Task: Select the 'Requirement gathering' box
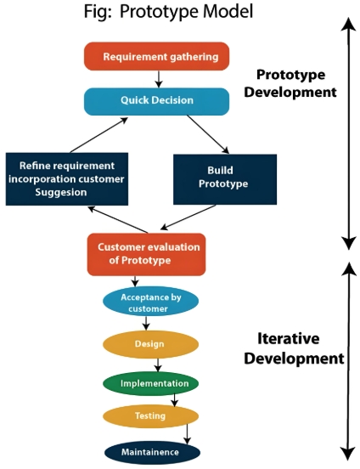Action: pyautogui.click(x=156, y=57)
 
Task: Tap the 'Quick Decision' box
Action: pyautogui.click(x=156, y=101)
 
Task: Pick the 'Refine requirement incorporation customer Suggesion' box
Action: pyautogui.click(x=66, y=178)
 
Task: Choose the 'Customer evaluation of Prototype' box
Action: pyautogui.click(x=146, y=253)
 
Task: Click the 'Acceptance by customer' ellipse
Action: pyautogui.click(x=150, y=302)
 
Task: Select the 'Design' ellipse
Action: pyautogui.click(x=150, y=345)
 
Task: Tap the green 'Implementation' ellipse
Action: pyautogui.click(x=150, y=382)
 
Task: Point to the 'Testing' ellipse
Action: pyautogui.click(x=150, y=416)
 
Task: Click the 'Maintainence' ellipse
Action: pyautogui.click(x=150, y=452)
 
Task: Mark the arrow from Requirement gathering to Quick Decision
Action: pyautogui.click(x=157, y=79)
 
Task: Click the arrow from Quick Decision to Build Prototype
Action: pyautogui.click(x=207, y=133)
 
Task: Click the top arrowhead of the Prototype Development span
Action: pyautogui.click(x=347, y=25)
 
